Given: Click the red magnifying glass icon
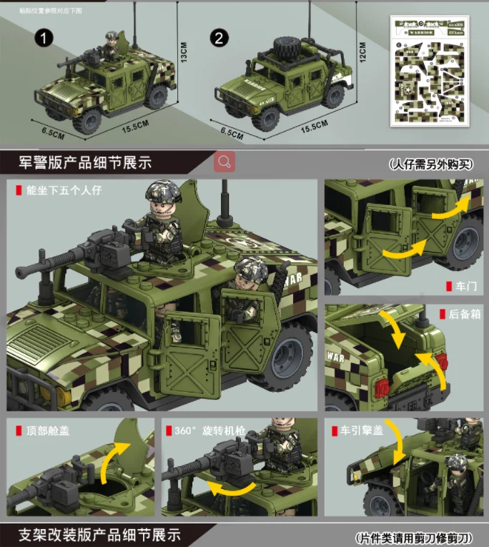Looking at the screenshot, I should click(x=224, y=162).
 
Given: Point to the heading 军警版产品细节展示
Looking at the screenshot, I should click(x=80, y=162).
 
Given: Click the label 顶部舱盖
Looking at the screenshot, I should click(x=47, y=431).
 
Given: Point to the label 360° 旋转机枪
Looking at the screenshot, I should click(x=209, y=431).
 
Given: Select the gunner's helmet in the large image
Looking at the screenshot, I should click(x=163, y=191).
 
